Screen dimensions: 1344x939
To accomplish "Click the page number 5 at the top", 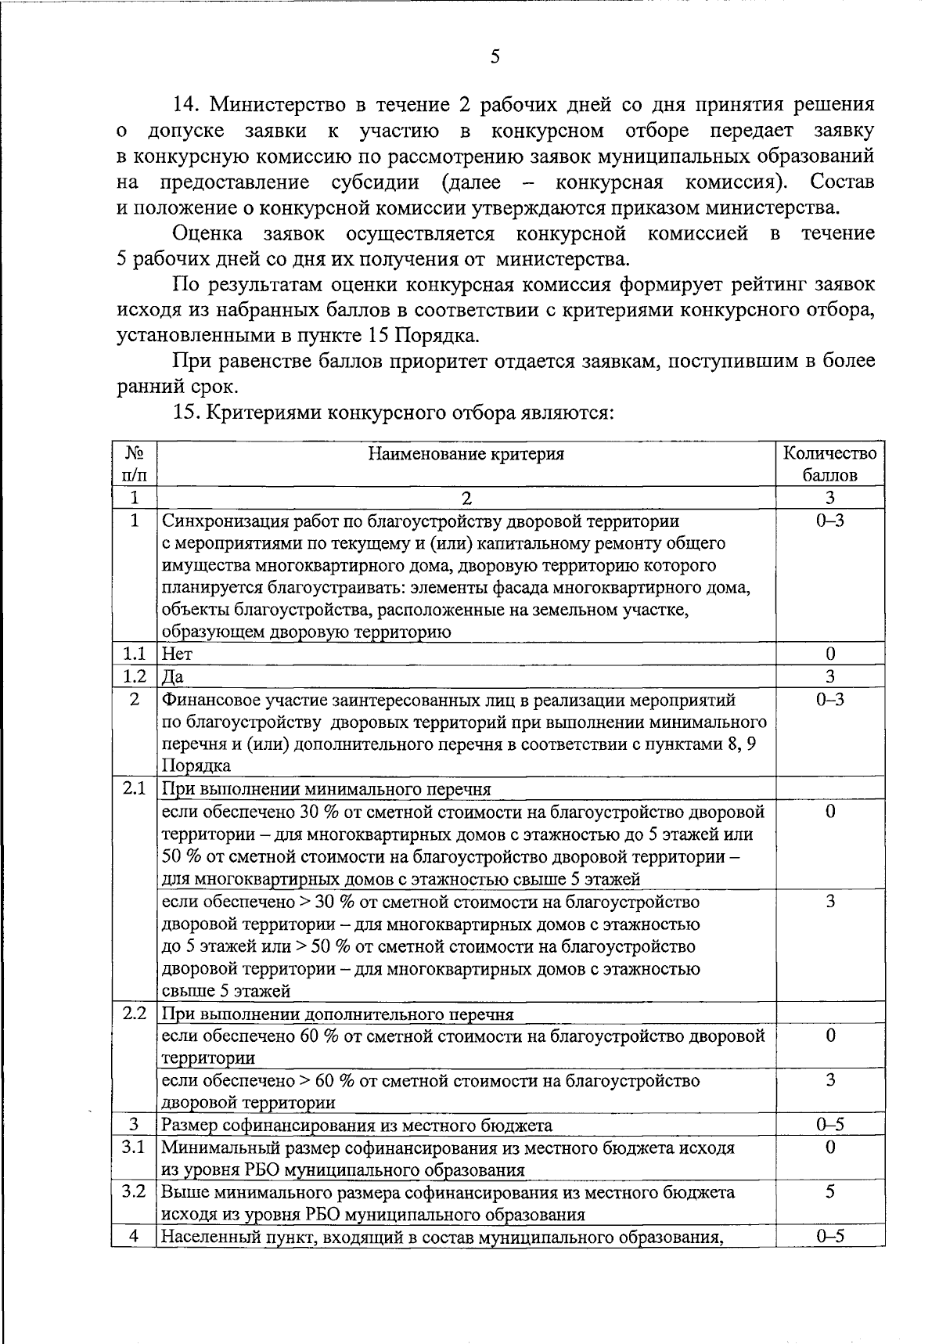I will point(494,56).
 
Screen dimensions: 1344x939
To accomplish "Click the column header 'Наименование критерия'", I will point(466,454).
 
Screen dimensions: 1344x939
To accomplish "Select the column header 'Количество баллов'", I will point(830,464).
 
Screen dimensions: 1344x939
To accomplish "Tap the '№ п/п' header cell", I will point(135,464).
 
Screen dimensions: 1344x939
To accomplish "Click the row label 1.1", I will point(135,654).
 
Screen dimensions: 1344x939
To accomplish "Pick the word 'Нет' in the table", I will point(177,654).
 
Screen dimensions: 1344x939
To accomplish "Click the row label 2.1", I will point(135,788).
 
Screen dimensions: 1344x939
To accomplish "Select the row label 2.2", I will point(135,1014).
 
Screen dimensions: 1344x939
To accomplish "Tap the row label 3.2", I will point(135,1192).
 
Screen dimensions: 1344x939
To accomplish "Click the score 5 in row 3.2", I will point(830,1192).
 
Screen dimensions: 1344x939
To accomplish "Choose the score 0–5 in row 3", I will point(830,1126).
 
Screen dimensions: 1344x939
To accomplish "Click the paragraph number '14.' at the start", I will point(188,105).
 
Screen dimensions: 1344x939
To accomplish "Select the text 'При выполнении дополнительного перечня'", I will point(337,1014).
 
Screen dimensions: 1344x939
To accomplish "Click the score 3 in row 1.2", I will point(830,676).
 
